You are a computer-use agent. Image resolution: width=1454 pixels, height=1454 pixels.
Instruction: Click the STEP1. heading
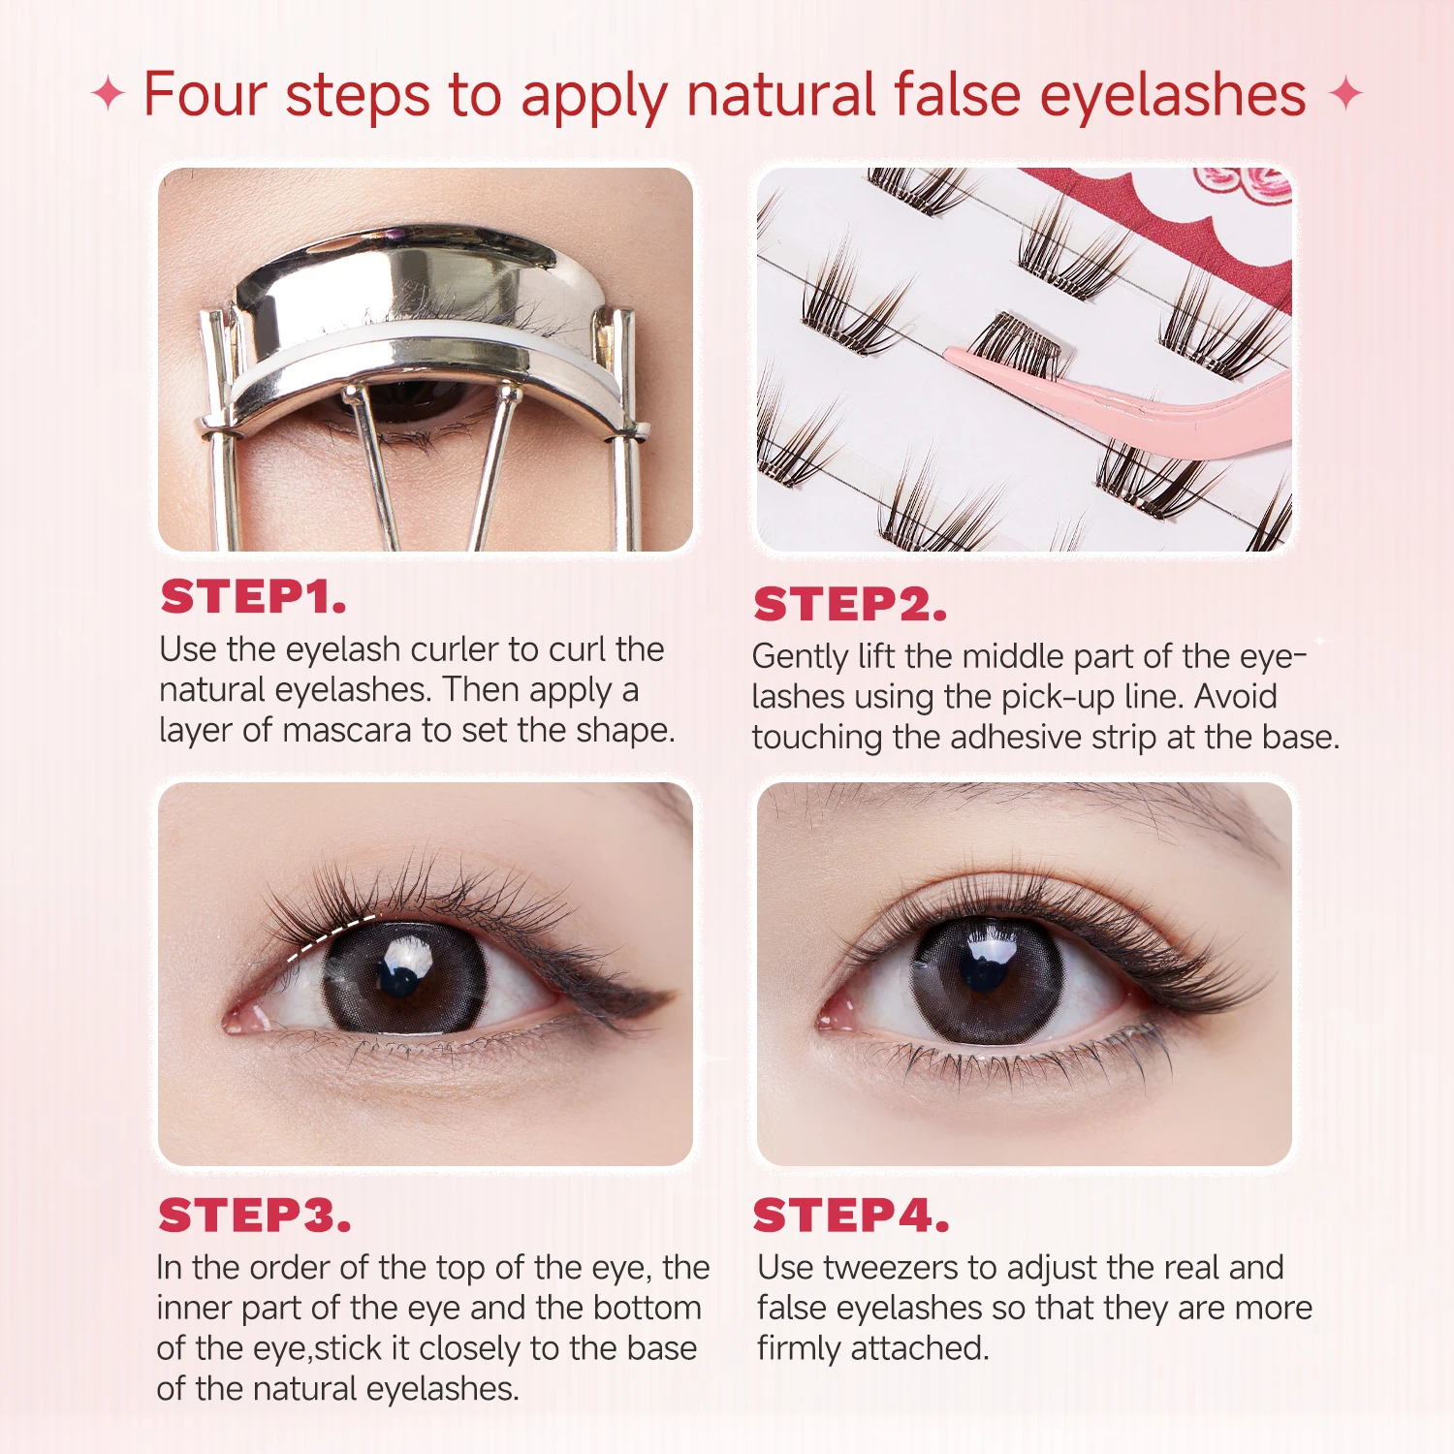point(253,597)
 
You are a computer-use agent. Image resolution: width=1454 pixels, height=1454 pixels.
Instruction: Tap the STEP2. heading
point(849,605)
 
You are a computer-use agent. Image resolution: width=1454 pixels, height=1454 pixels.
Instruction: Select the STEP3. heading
point(254,1216)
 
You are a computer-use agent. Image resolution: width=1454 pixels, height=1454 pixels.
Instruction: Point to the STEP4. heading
point(850,1216)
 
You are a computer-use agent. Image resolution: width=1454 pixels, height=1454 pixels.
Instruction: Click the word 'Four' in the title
point(205,95)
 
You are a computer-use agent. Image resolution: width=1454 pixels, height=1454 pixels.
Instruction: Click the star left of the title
point(108,95)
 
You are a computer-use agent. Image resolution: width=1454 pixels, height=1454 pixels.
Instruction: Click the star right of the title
point(1345,95)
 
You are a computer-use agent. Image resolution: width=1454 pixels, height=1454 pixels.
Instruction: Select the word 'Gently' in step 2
point(801,657)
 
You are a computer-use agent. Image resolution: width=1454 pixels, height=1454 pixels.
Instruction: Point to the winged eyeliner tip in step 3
point(659,996)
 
